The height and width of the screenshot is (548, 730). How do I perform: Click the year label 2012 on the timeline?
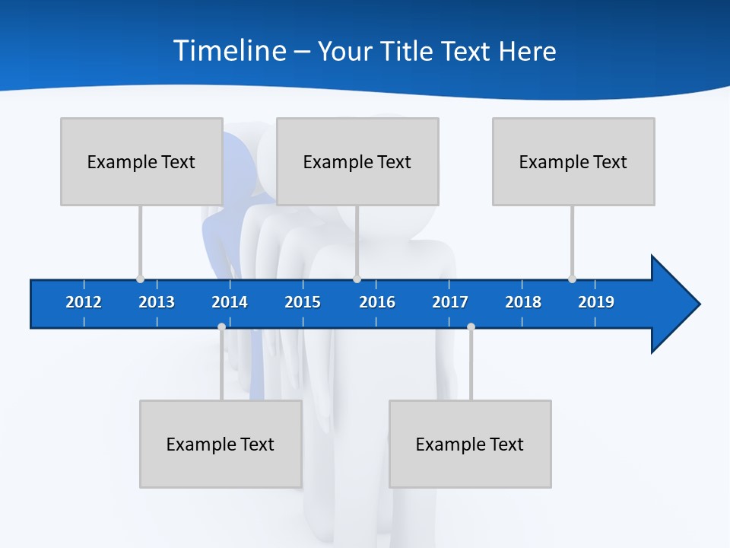click(x=84, y=302)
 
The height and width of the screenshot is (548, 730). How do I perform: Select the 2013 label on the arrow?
click(x=157, y=302)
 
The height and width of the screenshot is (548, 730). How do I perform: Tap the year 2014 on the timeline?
click(x=230, y=302)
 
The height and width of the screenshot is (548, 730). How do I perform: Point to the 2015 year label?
click(x=303, y=302)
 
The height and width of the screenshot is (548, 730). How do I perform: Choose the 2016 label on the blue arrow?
click(x=377, y=302)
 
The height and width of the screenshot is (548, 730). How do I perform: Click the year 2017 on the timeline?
click(x=450, y=302)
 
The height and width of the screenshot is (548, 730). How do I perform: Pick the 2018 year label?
click(x=523, y=302)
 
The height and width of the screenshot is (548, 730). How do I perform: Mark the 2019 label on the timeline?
click(x=596, y=302)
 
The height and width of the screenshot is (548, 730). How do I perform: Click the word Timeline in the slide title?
click(x=230, y=51)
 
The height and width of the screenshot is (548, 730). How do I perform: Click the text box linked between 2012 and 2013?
click(x=141, y=161)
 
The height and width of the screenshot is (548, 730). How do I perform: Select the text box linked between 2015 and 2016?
click(x=357, y=161)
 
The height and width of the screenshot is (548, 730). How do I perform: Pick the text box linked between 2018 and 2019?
click(x=573, y=161)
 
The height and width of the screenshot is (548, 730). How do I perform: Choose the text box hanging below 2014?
click(x=221, y=444)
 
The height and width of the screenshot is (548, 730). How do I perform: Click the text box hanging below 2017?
click(x=470, y=444)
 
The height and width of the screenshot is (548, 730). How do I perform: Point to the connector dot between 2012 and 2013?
click(x=140, y=279)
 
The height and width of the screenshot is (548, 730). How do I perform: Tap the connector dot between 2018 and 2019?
click(x=572, y=279)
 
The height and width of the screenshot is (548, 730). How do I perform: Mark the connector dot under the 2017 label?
click(x=471, y=327)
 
